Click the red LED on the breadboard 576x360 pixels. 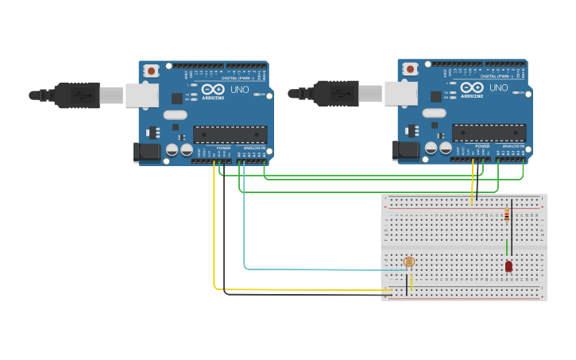click(508, 266)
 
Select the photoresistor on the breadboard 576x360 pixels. click(408, 261)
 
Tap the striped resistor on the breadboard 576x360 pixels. click(507, 215)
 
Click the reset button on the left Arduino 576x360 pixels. click(151, 71)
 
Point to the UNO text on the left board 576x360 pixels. click(239, 90)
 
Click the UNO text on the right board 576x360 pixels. click(498, 87)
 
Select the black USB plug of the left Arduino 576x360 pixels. click(75, 95)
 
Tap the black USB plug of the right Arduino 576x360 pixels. click(334, 93)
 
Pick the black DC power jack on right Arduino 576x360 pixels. click(404, 149)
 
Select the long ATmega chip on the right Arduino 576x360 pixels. click(489, 132)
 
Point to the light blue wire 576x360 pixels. click(318, 269)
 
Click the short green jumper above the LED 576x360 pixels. click(507, 247)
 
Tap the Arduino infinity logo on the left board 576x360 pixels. click(212, 90)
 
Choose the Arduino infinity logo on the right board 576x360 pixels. click(471, 87)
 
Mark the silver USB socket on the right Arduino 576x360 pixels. click(400, 93)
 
